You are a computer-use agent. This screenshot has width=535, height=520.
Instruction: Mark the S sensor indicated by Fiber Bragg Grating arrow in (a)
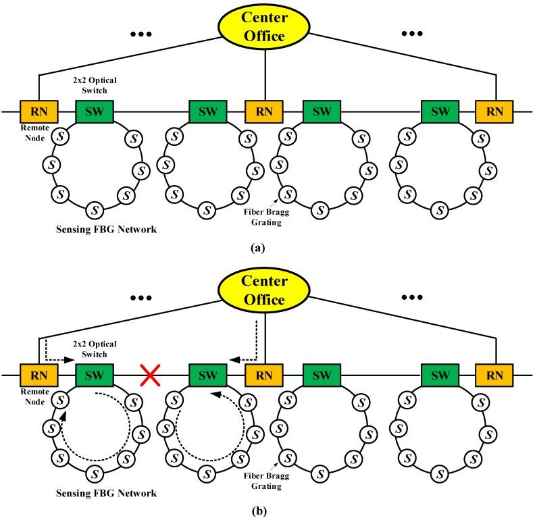click(287, 193)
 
